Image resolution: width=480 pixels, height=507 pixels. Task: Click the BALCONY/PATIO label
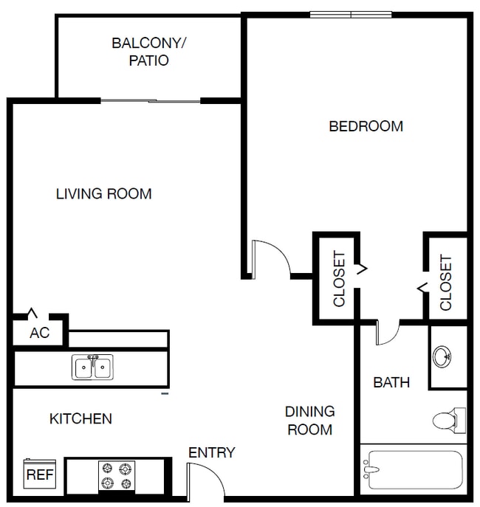pyautogui.click(x=149, y=52)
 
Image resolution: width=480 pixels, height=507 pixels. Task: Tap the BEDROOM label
pyautogui.click(x=366, y=126)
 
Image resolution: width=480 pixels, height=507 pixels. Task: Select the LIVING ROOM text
pyautogui.click(x=104, y=194)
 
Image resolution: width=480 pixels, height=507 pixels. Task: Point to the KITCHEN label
pyautogui.click(x=80, y=419)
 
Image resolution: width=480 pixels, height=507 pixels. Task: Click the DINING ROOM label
pyautogui.click(x=310, y=421)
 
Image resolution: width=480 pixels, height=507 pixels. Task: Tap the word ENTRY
pyautogui.click(x=211, y=452)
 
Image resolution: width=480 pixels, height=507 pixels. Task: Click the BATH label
pyautogui.click(x=391, y=382)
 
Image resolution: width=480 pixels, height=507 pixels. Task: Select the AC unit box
pyautogui.click(x=39, y=333)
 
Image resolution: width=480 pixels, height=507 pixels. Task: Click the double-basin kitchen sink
pyautogui.click(x=93, y=367)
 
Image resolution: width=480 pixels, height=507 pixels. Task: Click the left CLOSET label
pyautogui.click(x=339, y=279)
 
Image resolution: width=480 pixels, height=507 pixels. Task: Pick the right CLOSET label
pyautogui.click(x=446, y=282)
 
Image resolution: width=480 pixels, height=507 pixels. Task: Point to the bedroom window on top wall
pyautogui.click(x=350, y=14)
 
